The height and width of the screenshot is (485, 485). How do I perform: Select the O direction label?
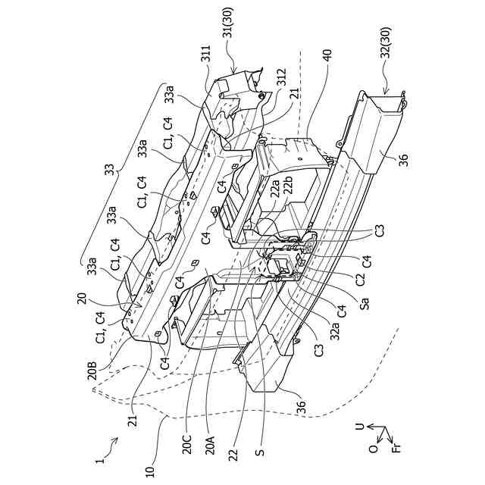coord(373,448)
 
